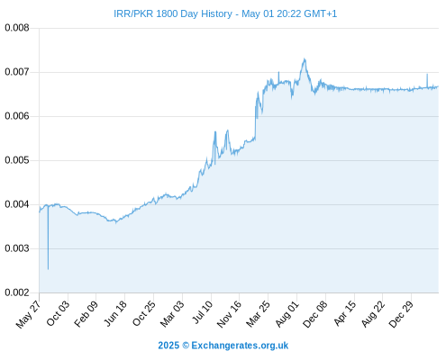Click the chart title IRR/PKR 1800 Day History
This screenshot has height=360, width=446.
pyautogui.click(x=173, y=13)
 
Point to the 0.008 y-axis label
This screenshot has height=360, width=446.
pyautogui.click(x=17, y=28)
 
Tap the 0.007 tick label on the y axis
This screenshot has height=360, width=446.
pyautogui.click(x=17, y=72)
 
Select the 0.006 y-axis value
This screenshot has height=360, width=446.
pyautogui.click(x=17, y=116)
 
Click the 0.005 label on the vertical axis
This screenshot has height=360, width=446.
pyautogui.click(x=17, y=160)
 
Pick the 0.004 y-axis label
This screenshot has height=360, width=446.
pyautogui.click(x=17, y=204)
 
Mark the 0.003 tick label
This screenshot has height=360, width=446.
pyautogui.click(x=17, y=248)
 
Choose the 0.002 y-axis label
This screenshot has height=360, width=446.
pyautogui.click(x=17, y=292)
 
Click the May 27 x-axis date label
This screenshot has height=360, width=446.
pyautogui.click(x=28, y=314)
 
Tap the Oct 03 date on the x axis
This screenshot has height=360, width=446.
pyautogui.click(x=58, y=313)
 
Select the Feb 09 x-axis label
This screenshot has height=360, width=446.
pyautogui.click(x=86, y=313)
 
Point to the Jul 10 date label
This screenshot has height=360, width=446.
pyautogui.click(x=202, y=312)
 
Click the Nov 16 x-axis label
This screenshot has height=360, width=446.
pyautogui.click(x=229, y=314)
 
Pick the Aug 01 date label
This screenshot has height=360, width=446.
pyautogui.click(x=287, y=314)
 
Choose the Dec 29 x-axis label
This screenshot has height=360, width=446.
pyautogui.click(x=401, y=314)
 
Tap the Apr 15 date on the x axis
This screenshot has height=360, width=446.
pyautogui.click(x=345, y=313)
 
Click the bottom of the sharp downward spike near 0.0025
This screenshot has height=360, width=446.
pyautogui.click(x=48, y=269)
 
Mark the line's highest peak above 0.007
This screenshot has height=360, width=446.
pyautogui.click(x=305, y=58)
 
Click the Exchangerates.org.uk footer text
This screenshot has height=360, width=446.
pyautogui.click(x=240, y=346)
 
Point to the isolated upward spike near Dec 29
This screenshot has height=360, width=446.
pyautogui.click(x=427, y=75)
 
